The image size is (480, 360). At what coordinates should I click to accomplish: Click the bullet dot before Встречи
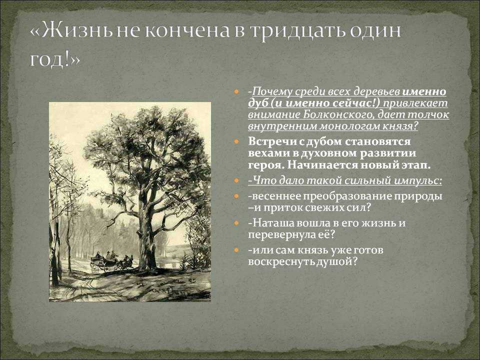click(236, 141)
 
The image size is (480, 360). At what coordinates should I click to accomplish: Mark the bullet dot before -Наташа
click(236, 223)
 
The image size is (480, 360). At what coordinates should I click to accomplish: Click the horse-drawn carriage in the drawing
click(111, 261)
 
